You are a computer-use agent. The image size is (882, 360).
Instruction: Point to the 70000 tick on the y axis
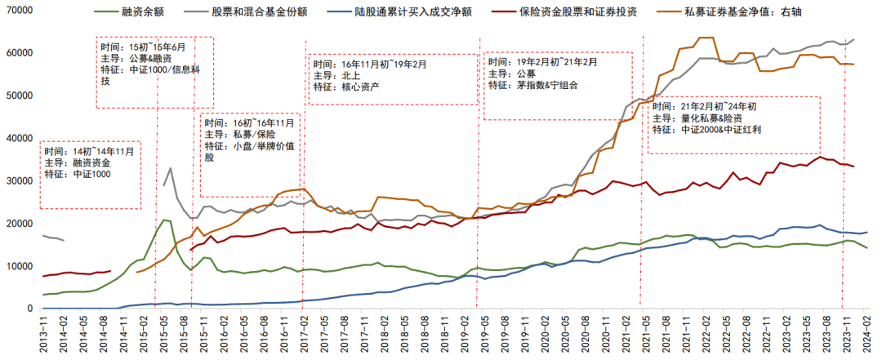(x=18, y=10)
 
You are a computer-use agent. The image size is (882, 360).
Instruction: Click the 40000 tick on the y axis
(x=18, y=138)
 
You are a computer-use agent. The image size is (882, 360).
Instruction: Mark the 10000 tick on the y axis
(x=18, y=266)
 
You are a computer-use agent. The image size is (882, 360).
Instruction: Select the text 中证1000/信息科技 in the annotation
(x=155, y=75)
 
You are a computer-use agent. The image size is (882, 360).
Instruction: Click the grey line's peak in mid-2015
(x=170, y=168)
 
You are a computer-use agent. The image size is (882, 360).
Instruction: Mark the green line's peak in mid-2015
(x=164, y=220)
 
